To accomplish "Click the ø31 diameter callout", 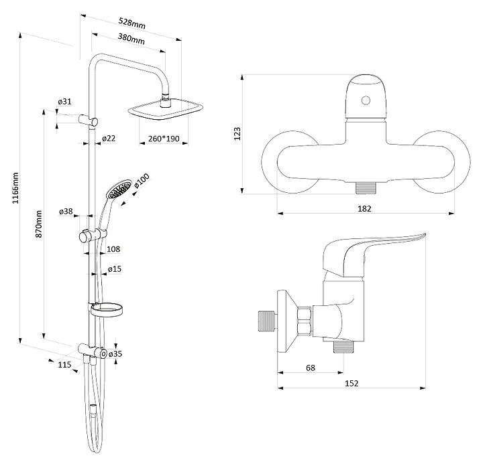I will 65,101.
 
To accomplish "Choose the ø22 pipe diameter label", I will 109,139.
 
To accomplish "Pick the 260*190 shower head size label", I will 164,139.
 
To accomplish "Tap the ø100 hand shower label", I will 142,181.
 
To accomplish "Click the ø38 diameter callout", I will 66,212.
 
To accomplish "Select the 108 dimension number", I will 113,249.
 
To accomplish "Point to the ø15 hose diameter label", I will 115,269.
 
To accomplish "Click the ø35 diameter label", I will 115,354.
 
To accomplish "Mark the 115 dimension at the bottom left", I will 64,364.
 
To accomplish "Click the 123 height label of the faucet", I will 237,135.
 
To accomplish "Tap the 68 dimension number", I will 311,368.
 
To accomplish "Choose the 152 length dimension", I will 351,383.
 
